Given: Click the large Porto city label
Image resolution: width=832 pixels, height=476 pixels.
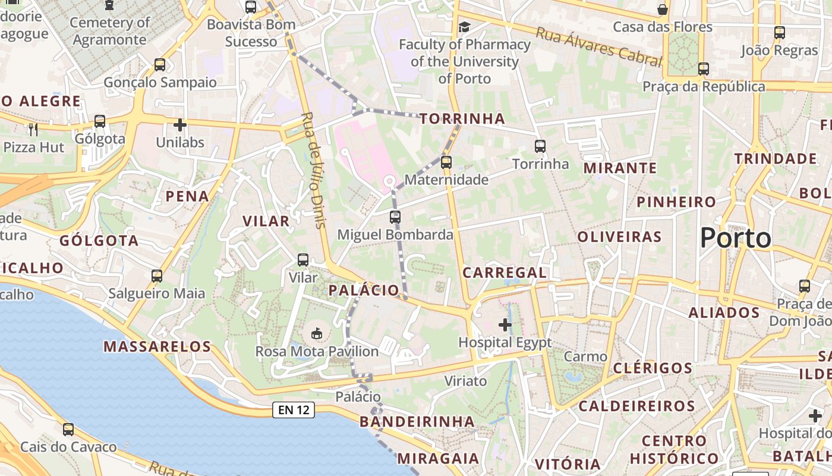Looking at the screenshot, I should click(x=735, y=239).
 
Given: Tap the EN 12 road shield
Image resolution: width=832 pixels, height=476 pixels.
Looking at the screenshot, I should click(x=293, y=409).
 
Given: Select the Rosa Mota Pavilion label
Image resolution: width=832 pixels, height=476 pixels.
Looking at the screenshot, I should click(x=317, y=352).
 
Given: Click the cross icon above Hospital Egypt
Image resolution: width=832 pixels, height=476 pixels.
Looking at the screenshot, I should click(x=505, y=325).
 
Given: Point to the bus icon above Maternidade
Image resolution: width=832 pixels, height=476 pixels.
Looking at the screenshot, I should click(x=446, y=162).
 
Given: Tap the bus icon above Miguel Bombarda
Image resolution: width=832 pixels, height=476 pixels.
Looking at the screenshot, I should click(x=395, y=217).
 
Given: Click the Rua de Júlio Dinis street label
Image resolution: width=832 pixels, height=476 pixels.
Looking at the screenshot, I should click(x=314, y=170).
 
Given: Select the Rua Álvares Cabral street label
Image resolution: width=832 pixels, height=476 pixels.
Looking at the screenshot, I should click(x=598, y=46).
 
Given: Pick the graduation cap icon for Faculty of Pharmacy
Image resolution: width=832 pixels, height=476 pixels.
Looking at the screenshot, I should click(x=464, y=27).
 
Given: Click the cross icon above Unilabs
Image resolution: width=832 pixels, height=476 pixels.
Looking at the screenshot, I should click(x=180, y=125).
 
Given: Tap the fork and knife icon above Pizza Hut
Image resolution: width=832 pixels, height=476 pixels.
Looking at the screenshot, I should click(x=33, y=129).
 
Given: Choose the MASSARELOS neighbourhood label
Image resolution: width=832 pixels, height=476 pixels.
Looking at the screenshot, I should click(x=157, y=346).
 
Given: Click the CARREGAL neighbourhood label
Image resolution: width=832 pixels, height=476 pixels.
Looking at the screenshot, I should click(x=505, y=273).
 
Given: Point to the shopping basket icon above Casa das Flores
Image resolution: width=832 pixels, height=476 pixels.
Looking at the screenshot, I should click(x=662, y=10).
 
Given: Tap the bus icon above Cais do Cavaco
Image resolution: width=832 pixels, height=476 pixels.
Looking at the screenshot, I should click(x=68, y=429).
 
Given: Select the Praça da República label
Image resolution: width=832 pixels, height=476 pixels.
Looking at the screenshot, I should click(x=704, y=87).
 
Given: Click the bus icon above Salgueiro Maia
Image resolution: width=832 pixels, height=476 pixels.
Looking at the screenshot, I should click(x=157, y=276).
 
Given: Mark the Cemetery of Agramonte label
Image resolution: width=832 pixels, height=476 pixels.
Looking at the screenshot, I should click(x=109, y=31).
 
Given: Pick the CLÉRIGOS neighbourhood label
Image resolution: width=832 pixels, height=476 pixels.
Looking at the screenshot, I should click(x=653, y=368).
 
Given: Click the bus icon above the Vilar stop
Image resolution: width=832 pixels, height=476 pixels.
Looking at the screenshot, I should click(x=303, y=260).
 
